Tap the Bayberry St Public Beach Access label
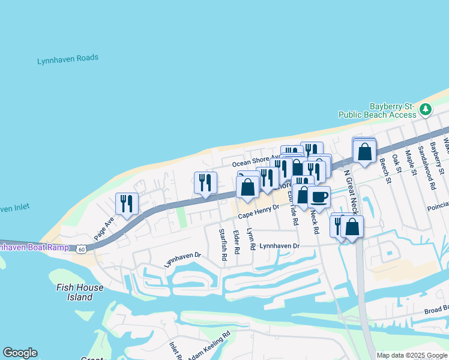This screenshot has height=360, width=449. (x=377, y=110)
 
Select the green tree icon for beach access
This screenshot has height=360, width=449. (x=426, y=109)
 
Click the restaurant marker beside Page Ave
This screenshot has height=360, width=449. (x=127, y=203)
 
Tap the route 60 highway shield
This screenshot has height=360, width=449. (x=81, y=248)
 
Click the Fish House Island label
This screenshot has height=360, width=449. (x=80, y=292)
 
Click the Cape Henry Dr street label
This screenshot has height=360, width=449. (x=259, y=211)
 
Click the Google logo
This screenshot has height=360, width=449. (x=20, y=353)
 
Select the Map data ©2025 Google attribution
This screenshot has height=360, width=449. (x=412, y=355)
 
